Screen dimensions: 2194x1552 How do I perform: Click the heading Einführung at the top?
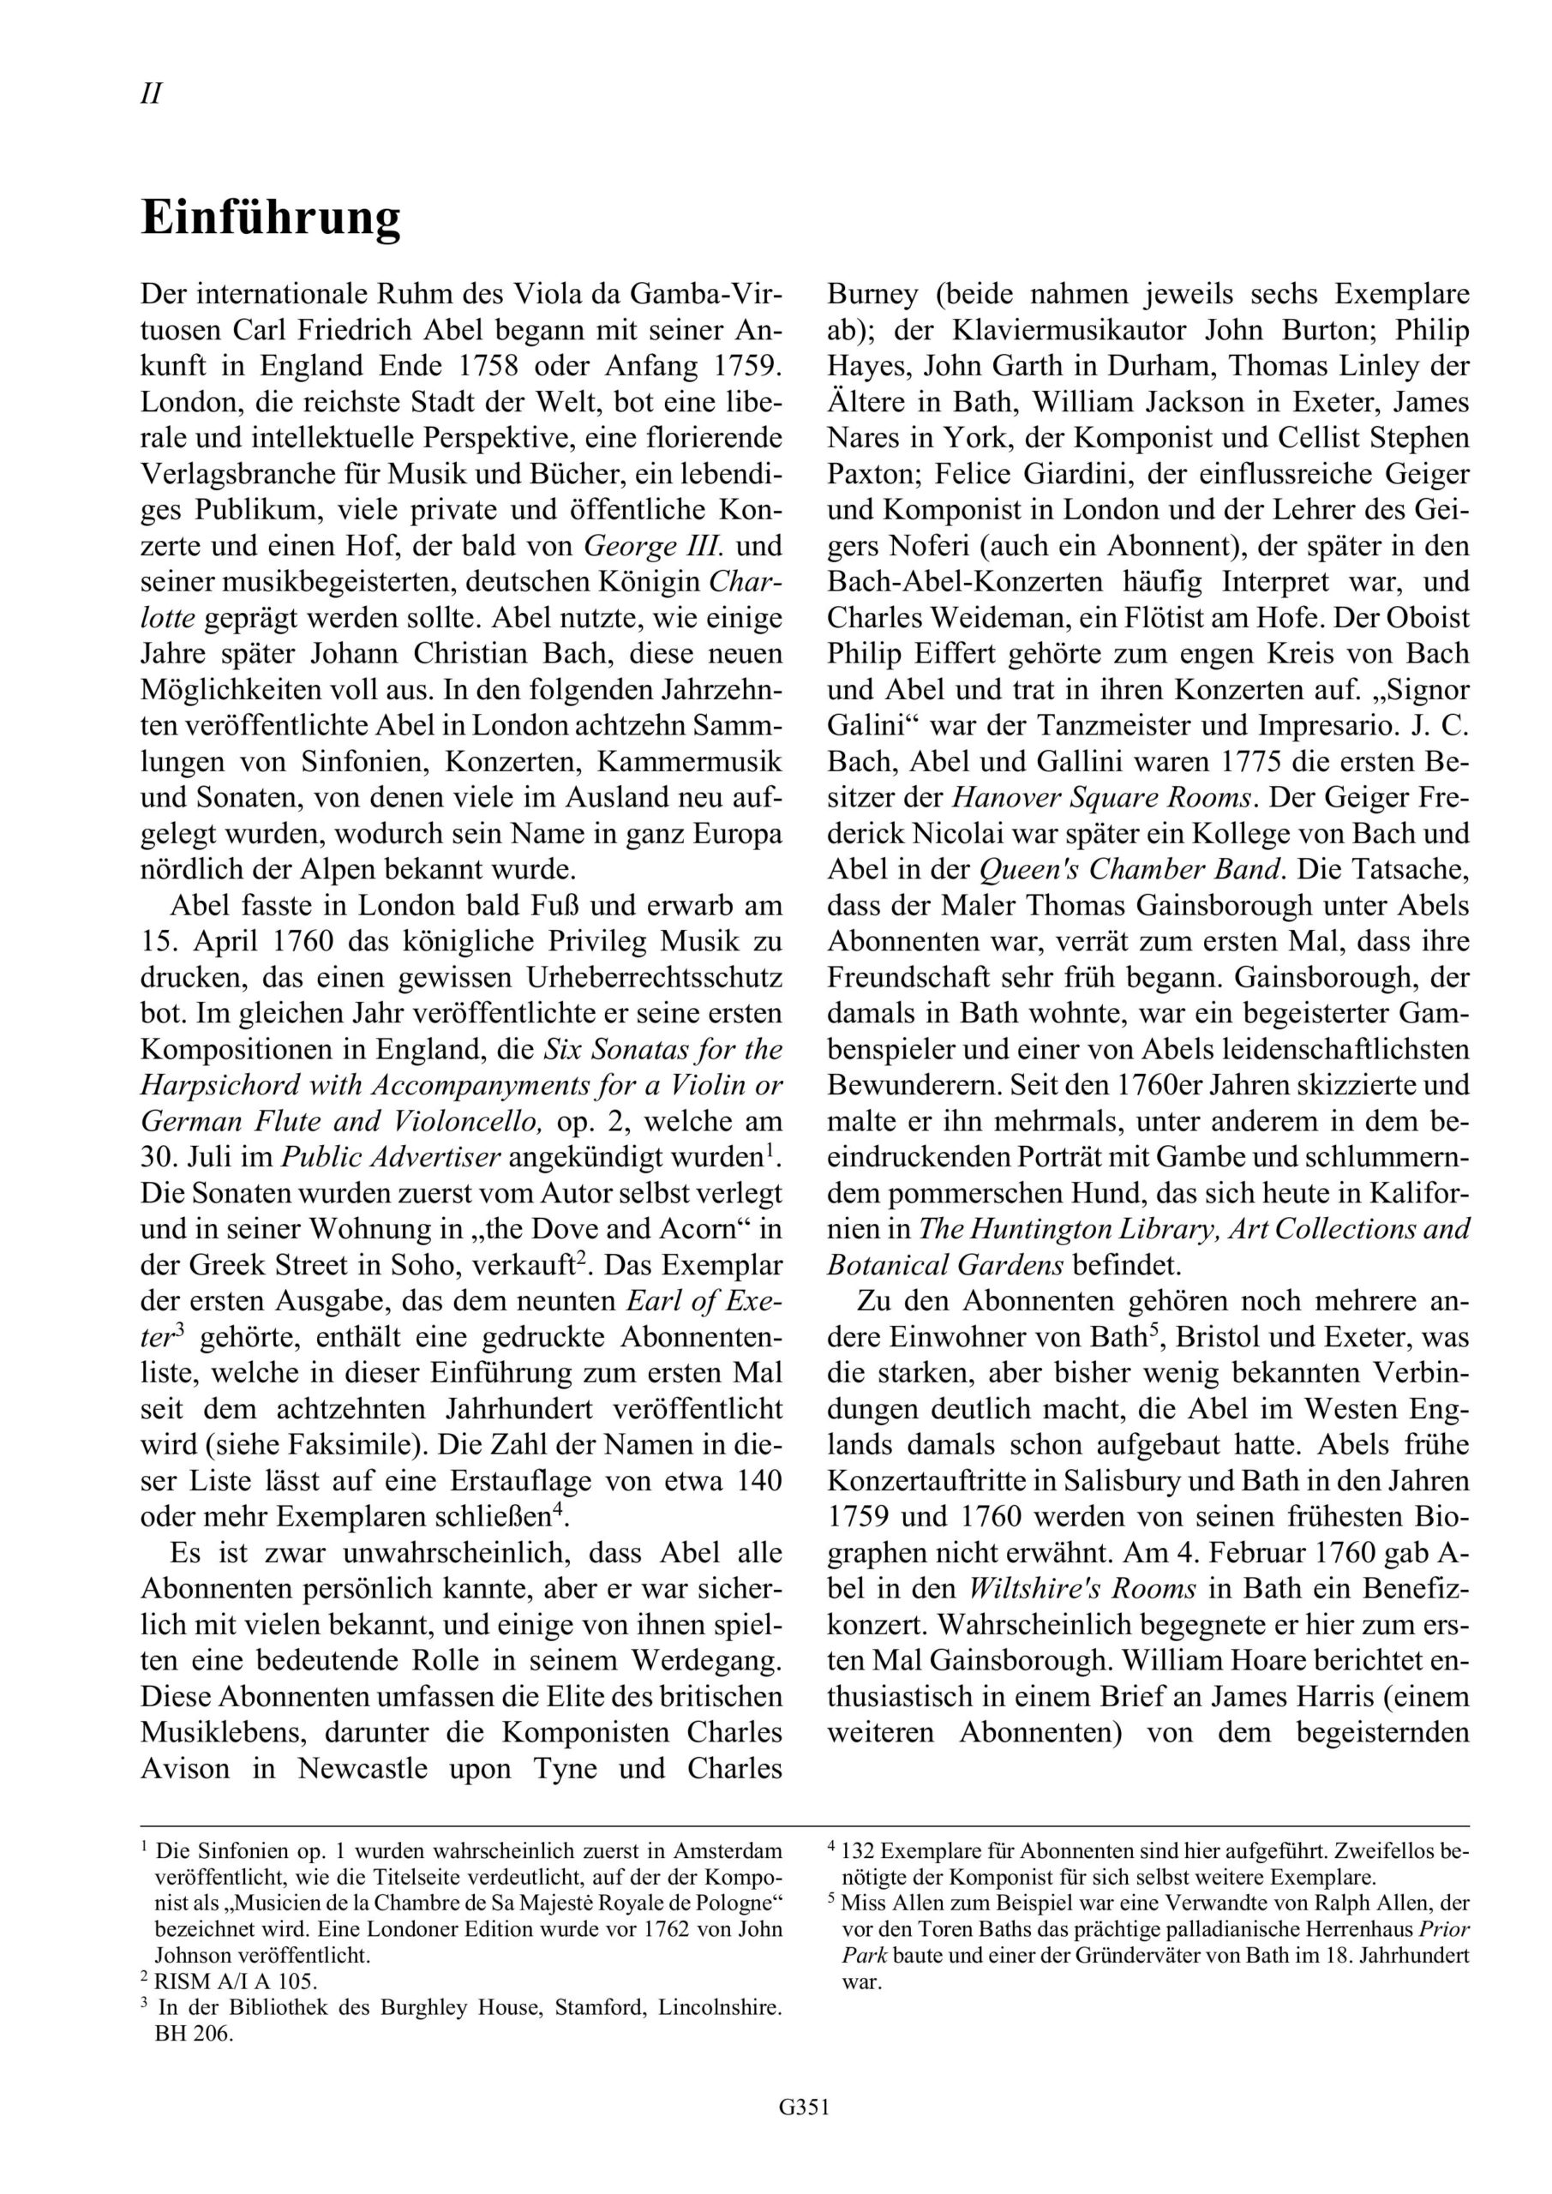271,219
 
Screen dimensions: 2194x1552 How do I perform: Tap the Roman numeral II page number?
151,93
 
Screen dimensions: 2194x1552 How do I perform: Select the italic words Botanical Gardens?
945,1265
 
